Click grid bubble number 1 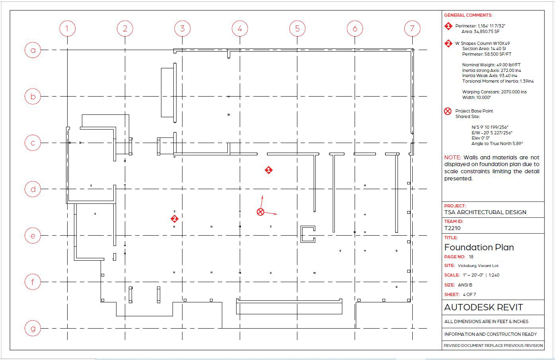click(67, 29)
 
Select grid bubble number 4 click(240, 29)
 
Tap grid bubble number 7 click(412, 29)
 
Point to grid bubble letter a click(33, 50)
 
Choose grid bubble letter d click(33, 189)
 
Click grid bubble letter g click(33, 328)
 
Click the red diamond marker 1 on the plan click(269, 170)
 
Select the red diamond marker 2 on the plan click(174, 219)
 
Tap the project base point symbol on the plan click(260, 212)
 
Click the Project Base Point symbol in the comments click(448, 111)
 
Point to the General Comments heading click(468, 15)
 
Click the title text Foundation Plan click(479, 247)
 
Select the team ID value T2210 click(452, 228)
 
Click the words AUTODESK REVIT click(483, 307)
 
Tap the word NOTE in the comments click(452, 157)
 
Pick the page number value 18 click(471, 257)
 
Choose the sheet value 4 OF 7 click(469, 294)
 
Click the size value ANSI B click(465, 285)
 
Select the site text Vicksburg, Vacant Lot click(478, 266)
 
